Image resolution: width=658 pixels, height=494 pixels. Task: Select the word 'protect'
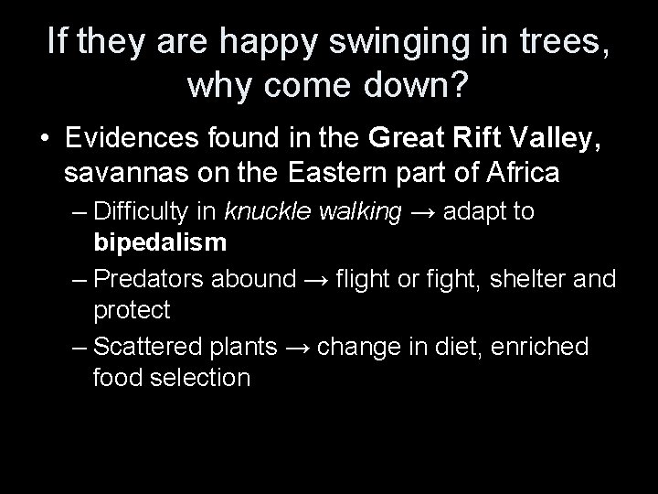pyautogui.click(x=131, y=310)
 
